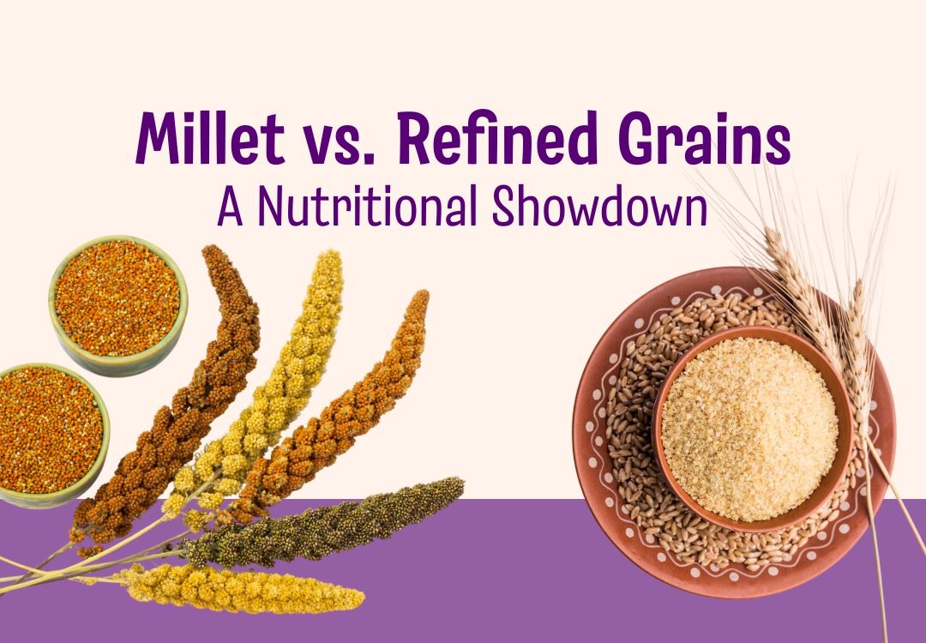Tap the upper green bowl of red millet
click(x=117, y=296)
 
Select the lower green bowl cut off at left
click(x=47, y=433)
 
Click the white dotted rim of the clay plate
click(x=600, y=480)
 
